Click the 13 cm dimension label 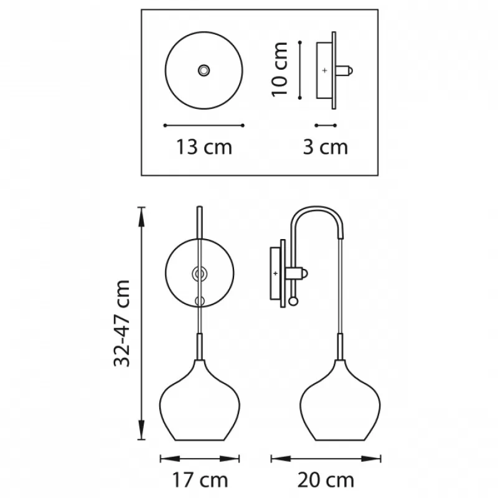click(x=204, y=147)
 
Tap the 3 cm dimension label click(x=326, y=147)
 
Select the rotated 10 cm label click(x=280, y=69)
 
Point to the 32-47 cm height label click(x=122, y=323)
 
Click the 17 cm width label click(x=200, y=480)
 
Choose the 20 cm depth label click(x=326, y=480)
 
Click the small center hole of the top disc click(x=204, y=70)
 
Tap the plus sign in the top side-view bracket click(x=324, y=70)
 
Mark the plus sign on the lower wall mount click(x=275, y=273)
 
